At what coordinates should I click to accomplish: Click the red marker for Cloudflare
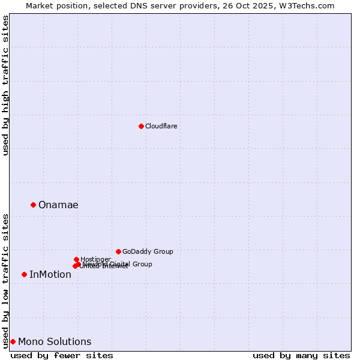point(141,126)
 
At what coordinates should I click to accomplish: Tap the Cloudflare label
point(161,126)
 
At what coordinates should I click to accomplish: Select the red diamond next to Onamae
point(33,205)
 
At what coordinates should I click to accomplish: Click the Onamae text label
point(58,205)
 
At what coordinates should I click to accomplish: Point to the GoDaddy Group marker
point(118,251)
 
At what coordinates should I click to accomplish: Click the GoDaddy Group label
point(148,251)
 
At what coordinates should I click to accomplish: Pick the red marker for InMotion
point(24,274)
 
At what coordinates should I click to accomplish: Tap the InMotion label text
point(50,275)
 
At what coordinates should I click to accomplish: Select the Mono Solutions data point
point(13,341)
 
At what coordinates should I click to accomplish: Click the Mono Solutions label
point(55,342)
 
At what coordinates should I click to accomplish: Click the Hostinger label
point(95,259)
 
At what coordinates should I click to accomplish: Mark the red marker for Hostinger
point(76,259)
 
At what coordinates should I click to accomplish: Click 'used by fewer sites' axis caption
point(62,355)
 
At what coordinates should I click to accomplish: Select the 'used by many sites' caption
point(301,355)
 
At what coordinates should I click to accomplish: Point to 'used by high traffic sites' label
point(6,85)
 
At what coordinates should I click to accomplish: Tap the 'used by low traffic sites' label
point(6,280)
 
